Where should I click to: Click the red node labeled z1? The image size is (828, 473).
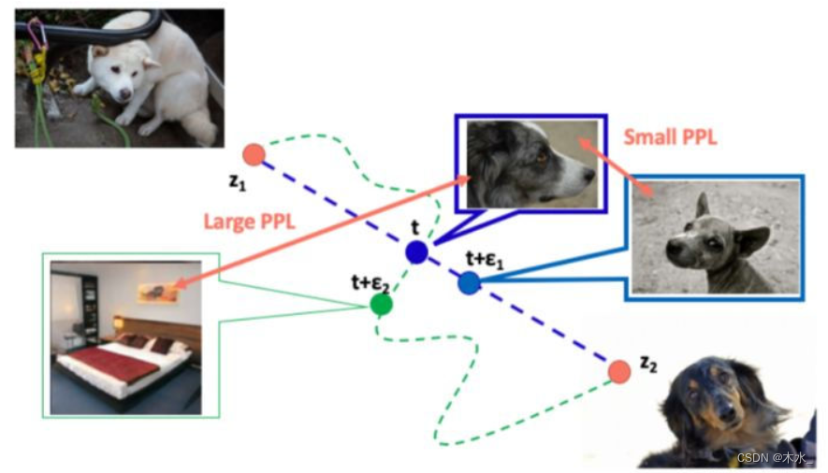click(x=254, y=154)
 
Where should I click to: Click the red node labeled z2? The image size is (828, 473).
click(x=618, y=371)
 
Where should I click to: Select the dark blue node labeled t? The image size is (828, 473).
click(x=416, y=251)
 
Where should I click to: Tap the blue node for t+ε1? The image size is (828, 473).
click(x=470, y=281)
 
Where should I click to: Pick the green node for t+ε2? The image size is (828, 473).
click(x=381, y=304)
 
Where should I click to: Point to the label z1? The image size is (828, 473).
click(x=238, y=180)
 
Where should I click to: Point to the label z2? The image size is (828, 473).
click(x=646, y=363)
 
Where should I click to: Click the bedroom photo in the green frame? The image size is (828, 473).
click(x=125, y=337)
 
